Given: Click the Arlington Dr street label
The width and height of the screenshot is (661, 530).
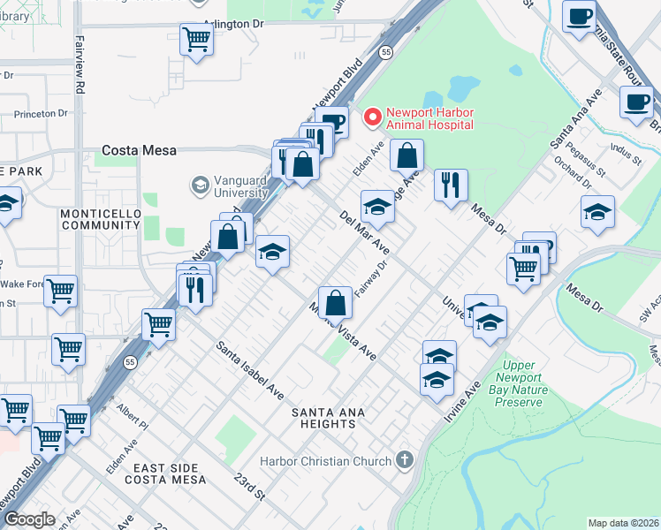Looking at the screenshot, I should (x=233, y=26).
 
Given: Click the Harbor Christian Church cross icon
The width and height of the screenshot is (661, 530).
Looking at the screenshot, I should (x=405, y=460).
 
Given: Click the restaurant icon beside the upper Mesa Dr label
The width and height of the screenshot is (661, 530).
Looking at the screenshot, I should (x=452, y=185).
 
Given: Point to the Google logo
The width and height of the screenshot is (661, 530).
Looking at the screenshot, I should (x=28, y=519).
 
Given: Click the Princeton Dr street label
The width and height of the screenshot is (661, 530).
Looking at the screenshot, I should (x=40, y=113).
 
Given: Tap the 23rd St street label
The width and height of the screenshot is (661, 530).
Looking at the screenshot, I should (x=250, y=486).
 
